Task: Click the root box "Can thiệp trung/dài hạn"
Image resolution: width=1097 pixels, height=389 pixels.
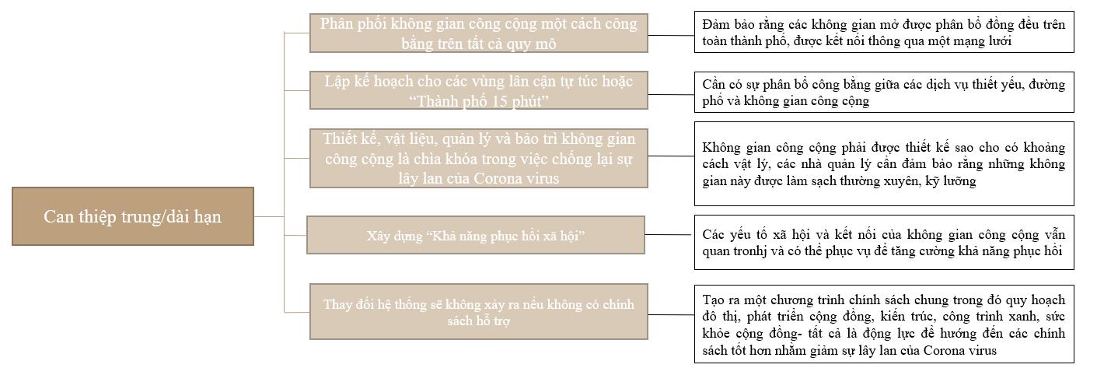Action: (132, 216)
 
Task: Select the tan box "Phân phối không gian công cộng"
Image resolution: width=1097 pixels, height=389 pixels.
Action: (478, 33)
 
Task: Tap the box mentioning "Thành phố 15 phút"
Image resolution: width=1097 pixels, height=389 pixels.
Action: (478, 91)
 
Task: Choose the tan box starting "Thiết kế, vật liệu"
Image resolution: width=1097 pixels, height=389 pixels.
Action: (478, 158)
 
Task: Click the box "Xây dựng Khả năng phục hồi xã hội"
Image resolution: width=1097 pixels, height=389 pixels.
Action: (475, 235)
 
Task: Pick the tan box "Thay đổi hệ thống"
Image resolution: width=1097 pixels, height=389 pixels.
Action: (478, 312)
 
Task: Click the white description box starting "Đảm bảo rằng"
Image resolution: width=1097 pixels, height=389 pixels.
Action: (883, 33)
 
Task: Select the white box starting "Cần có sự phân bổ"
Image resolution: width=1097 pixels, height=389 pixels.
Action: (883, 92)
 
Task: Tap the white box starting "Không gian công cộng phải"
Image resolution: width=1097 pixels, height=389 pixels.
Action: (883, 163)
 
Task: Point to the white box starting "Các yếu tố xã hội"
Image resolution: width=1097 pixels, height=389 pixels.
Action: (883, 243)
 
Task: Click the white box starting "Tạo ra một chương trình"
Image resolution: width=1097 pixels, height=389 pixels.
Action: (883, 324)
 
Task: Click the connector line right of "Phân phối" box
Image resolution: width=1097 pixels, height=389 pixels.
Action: (671, 34)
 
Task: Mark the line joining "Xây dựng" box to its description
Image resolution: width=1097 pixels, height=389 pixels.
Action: (669, 234)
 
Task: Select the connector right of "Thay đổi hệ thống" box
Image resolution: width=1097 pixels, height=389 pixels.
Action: (671, 314)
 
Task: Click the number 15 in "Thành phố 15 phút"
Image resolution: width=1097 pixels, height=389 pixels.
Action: (491, 101)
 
